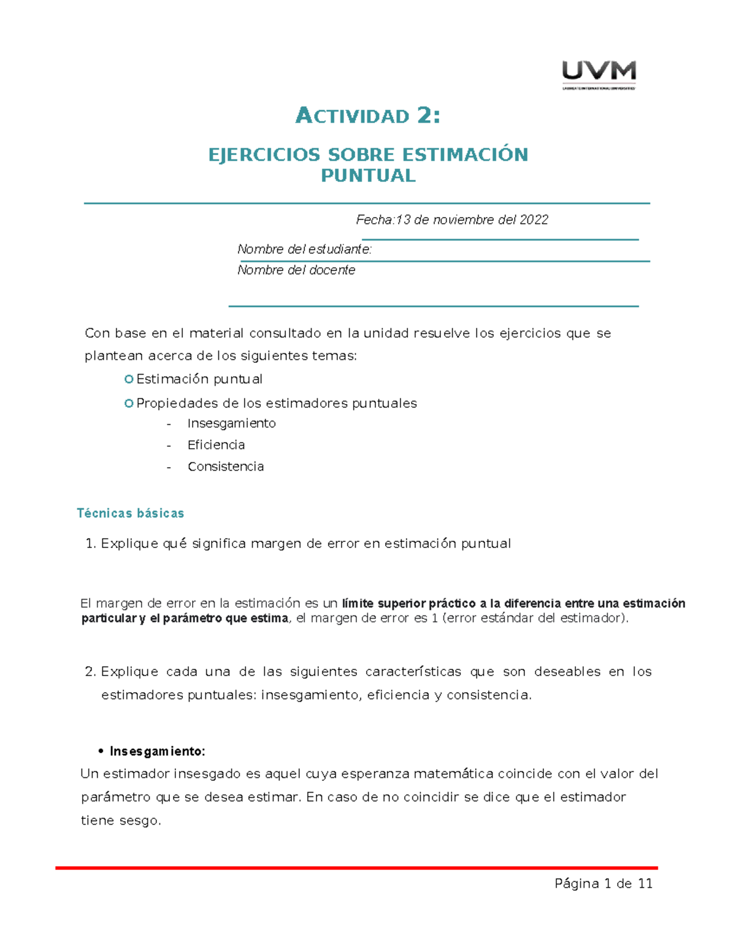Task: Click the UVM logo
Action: tap(599, 74)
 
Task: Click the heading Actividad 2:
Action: tap(367, 115)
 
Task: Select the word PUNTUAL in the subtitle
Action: tap(368, 176)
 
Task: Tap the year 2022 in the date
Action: tap(534, 220)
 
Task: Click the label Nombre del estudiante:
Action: tap(304, 249)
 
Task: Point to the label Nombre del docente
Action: tap(296, 270)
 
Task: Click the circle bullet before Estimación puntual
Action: tap(129, 379)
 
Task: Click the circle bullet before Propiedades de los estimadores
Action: tap(129, 403)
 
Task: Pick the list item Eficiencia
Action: tap(216, 445)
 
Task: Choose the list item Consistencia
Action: tap(226, 466)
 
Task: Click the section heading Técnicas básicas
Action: tap(130, 514)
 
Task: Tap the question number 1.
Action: tap(90, 544)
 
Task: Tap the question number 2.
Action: tap(90, 672)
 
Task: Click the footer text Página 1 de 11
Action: tap(603, 883)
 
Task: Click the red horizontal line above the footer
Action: tap(356, 868)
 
